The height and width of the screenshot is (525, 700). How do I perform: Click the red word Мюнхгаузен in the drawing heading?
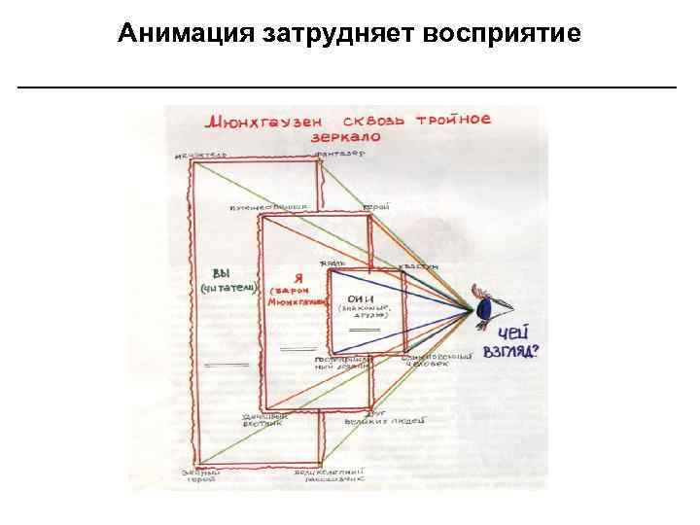[x=258, y=124]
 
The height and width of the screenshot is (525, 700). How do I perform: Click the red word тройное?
[x=452, y=120]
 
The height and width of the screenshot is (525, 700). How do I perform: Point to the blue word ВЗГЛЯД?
[x=512, y=347]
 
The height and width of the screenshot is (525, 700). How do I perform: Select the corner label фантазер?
[x=339, y=155]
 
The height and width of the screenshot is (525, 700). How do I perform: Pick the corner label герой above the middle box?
[x=375, y=207]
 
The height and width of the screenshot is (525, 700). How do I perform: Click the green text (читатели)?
[x=228, y=289]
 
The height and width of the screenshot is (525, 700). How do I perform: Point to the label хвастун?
[x=417, y=265]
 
